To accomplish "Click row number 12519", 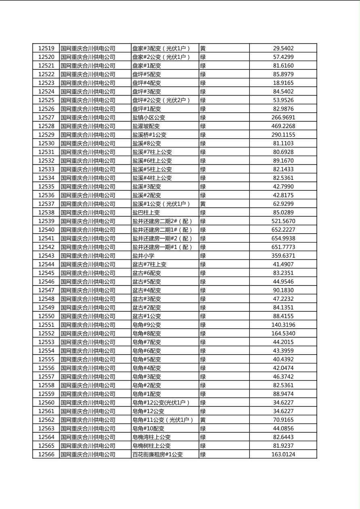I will (x=46, y=48).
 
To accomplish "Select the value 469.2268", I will (x=283, y=126).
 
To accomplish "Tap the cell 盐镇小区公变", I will (x=149, y=118).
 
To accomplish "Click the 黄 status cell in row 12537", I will (x=203, y=204).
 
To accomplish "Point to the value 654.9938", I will (x=283, y=238).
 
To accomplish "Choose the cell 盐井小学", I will (x=143, y=256).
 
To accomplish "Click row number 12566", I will (x=46, y=455).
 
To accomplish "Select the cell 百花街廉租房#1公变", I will (x=157, y=455).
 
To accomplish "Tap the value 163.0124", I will (x=283, y=455).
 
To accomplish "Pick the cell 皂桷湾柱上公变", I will (x=151, y=437).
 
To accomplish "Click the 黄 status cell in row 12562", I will (x=203, y=420).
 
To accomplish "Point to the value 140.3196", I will (x=283, y=325).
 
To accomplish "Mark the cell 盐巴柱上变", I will (x=146, y=213).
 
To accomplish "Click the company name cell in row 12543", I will (x=88, y=256).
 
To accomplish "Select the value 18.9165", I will (x=283, y=83).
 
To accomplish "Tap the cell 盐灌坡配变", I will (x=146, y=126).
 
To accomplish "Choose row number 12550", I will (x=46, y=316).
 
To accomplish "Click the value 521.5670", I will (x=283, y=221).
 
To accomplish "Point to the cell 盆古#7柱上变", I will (x=149, y=265).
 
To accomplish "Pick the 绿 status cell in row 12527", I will (x=203, y=118).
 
